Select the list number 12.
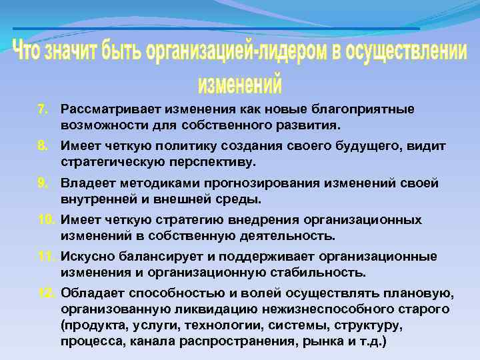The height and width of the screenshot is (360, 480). pyautogui.click(x=45, y=295)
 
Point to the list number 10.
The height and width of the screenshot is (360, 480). pyautogui.click(x=45, y=220)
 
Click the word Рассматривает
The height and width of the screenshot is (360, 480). pyautogui.click(x=98, y=109)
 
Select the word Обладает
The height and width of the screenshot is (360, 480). pyautogui.click(x=89, y=295)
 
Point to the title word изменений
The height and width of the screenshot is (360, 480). pyautogui.click(x=240, y=84)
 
